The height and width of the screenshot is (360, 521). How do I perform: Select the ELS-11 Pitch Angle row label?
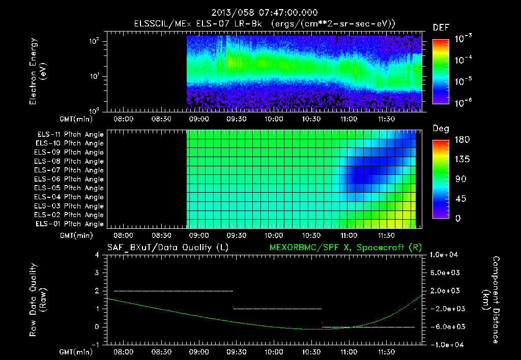70,134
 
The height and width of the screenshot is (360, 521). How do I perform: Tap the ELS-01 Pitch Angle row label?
70,224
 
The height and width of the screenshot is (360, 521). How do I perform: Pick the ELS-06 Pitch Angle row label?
70,179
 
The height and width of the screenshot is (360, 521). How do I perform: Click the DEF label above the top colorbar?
441,27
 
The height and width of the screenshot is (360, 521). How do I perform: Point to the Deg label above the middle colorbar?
441,129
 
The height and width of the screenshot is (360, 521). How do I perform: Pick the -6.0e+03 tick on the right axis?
446,326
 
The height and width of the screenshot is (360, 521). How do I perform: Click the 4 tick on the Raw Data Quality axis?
99,255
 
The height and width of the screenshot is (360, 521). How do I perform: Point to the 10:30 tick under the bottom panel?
312,352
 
